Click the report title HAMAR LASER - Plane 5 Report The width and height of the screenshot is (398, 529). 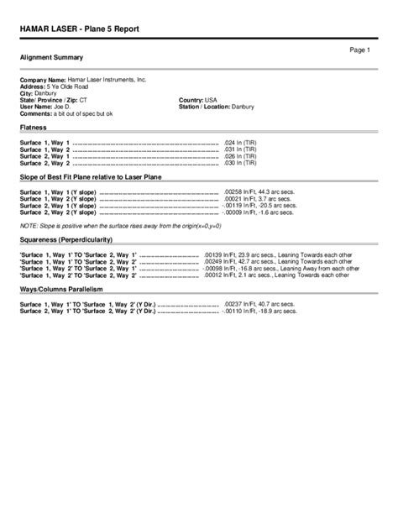pos(80,29)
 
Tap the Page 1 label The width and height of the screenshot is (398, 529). pos(360,50)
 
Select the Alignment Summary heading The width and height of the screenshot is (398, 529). pos(51,57)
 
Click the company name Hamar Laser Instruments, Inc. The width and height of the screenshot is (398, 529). pos(107,79)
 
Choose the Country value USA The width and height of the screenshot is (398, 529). pos(212,100)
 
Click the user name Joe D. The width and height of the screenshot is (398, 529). pos(63,107)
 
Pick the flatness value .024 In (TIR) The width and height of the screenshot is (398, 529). pos(244,144)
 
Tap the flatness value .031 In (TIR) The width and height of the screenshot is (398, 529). pos(244,150)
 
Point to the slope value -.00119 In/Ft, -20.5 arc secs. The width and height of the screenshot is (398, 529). pos(259,207)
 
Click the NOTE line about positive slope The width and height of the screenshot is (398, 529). pos(120,227)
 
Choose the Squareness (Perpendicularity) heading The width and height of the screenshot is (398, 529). pos(72,240)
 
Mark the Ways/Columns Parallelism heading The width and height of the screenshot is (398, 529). pos(61,288)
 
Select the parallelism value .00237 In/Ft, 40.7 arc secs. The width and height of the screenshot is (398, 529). pos(259,303)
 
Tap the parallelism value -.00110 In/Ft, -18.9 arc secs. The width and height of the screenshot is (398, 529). pos(259,311)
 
